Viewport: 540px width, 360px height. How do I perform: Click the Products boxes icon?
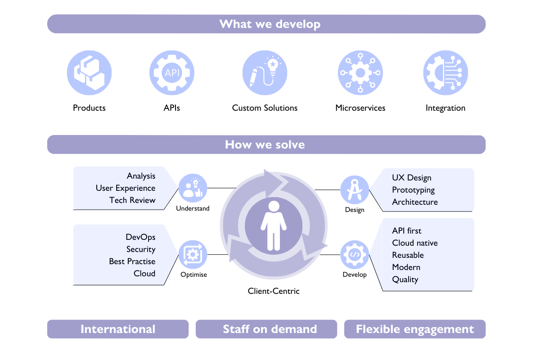click(x=89, y=73)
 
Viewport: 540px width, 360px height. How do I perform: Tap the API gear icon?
click(x=172, y=73)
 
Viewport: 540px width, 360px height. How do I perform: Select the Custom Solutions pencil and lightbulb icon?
click(x=265, y=73)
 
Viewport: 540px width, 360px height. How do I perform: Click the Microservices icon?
click(x=360, y=73)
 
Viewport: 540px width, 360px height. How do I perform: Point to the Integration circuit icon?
click(x=445, y=73)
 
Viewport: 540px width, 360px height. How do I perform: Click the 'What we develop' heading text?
click(x=270, y=24)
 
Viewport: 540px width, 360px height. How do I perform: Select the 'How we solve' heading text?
click(x=265, y=144)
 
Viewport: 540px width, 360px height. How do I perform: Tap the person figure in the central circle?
click(x=273, y=225)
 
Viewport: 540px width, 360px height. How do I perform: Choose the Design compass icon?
click(x=355, y=189)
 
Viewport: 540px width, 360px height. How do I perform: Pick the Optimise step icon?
click(x=193, y=255)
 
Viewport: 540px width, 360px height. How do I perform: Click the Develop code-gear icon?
click(x=355, y=255)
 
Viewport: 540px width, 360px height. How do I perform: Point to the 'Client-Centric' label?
click(x=274, y=291)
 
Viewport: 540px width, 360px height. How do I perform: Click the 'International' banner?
click(x=118, y=329)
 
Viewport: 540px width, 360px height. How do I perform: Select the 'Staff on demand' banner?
click(x=270, y=329)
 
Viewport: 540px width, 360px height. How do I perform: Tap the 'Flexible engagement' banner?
click(x=415, y=329)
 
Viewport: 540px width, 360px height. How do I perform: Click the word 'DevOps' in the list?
click(x=140, y=237)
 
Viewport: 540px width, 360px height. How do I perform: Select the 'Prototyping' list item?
click(x=413, y=190)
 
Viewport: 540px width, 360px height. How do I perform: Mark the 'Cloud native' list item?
click(x=414, y=243)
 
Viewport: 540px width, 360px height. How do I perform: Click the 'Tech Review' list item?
click(x=132, y=200)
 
